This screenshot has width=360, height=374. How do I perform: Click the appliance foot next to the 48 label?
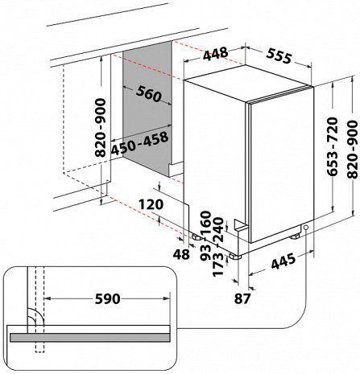tap(196, 238)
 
